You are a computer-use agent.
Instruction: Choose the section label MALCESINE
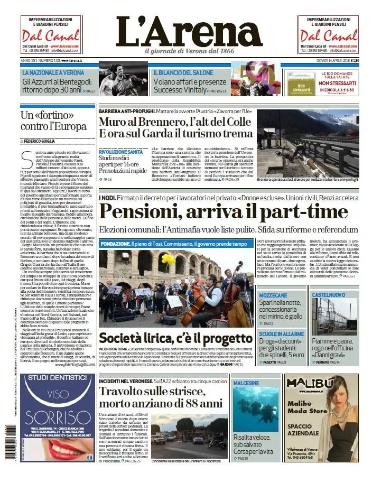(246, 367)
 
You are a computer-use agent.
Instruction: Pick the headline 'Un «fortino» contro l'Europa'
(47, 120)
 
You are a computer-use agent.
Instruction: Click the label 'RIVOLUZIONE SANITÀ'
(120, 152)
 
